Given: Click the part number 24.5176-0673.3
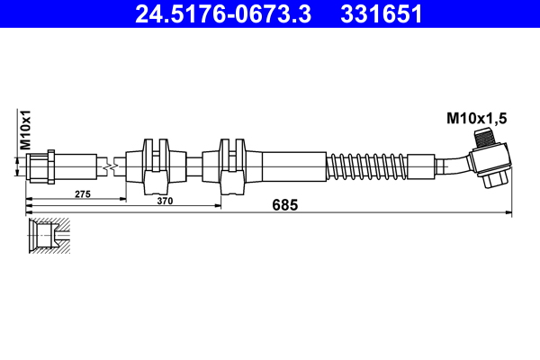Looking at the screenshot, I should point(225,14).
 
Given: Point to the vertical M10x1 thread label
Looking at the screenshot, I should point(27,130).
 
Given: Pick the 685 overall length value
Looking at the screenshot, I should point(283,205).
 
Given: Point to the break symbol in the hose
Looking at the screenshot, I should point(108,166).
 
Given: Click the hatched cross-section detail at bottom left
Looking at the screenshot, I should point(49,235).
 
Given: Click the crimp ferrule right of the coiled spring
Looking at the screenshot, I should point(420,166).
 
